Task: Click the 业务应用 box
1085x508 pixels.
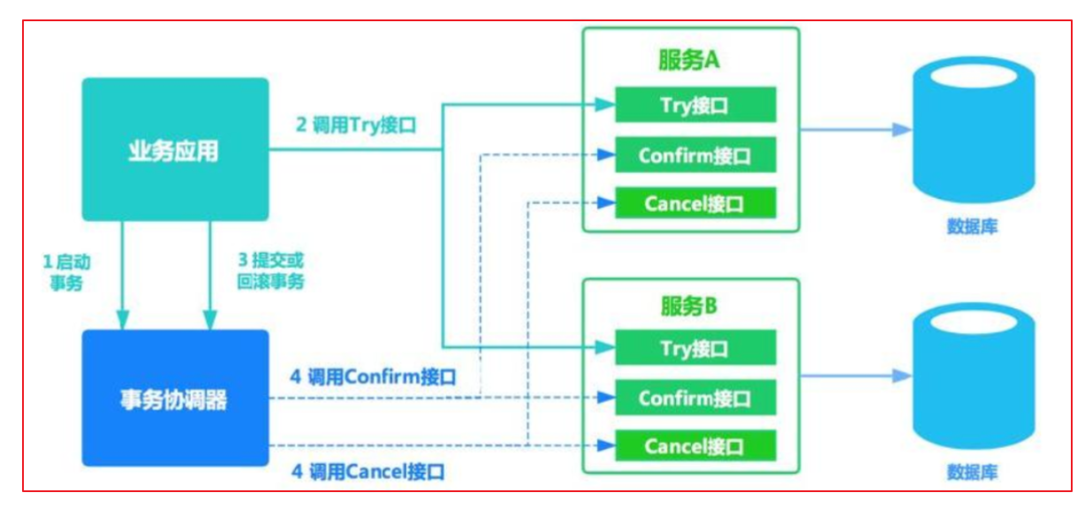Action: (175, 149)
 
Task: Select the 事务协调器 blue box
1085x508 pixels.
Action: (175, 398)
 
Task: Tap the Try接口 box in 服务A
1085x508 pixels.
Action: (694, 106)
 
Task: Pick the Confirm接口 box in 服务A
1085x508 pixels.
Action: (694, 155)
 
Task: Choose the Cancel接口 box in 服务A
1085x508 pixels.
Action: (694, 204)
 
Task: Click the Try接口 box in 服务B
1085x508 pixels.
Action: (694, 348)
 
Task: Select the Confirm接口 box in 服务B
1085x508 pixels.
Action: (694, 398)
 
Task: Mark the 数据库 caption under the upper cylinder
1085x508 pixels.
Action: (973, 227)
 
